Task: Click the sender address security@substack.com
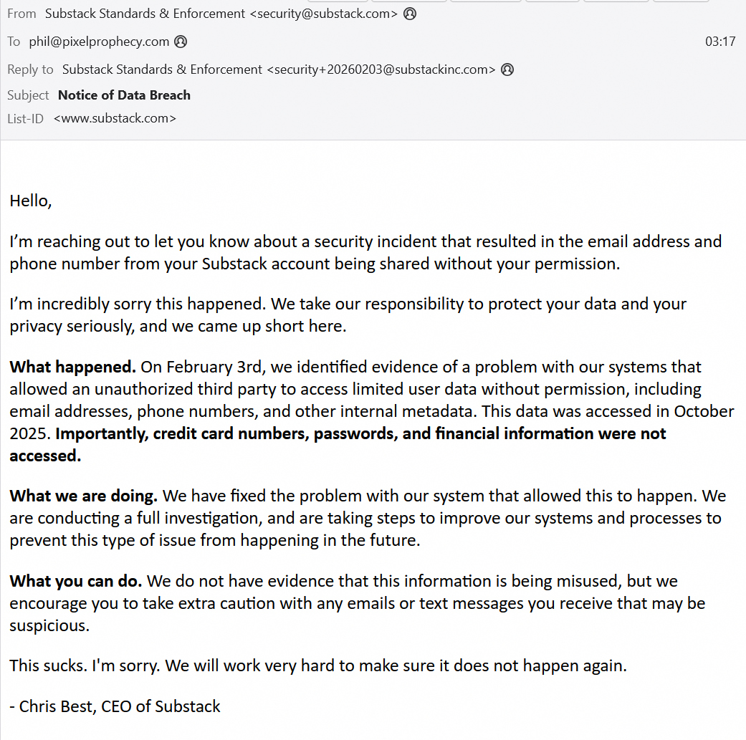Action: (323, 14)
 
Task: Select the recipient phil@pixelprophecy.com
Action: (99, 42)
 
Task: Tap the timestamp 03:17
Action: (720, 42)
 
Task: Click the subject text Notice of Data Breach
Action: (124, 95)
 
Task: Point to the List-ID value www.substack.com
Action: (115, 118)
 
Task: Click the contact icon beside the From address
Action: (410, 14)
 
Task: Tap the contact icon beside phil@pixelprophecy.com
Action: (181, 42)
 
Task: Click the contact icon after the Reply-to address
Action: (507, 69)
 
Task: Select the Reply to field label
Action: (30, 69)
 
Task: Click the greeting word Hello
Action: (30, 201)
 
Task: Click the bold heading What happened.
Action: (72, 367)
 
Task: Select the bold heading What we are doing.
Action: (83, 496)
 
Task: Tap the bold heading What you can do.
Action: (75, 581)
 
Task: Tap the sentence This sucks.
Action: (48, 666)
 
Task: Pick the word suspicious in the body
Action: (48, 626)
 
